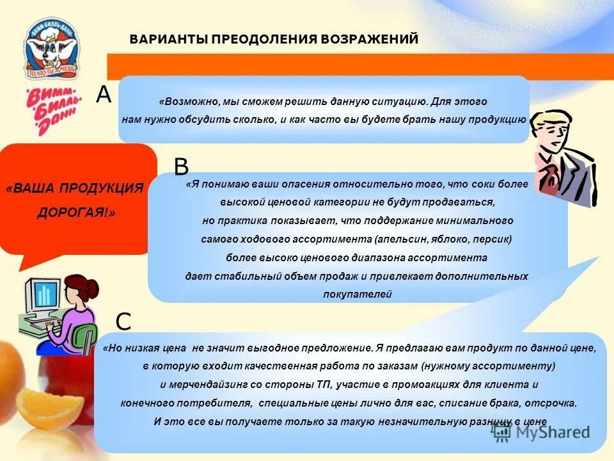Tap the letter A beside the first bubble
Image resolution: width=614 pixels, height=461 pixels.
click(x=104, y=95)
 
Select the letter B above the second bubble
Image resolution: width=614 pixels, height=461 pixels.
click(x=182, y=166)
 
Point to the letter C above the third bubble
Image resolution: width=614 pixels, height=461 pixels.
click(x=123, y=321)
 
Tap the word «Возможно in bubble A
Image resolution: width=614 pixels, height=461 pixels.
click(x=189, y=102)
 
